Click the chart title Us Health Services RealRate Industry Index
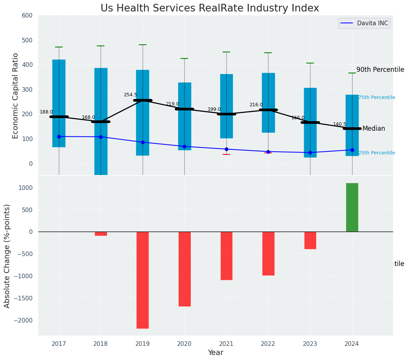point(210,8)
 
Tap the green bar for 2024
point(352,207)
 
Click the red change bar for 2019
point(143,280)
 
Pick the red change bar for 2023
point(310,240)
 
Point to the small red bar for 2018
point(101,234)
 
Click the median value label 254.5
point(130,95)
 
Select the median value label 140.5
point(340,124)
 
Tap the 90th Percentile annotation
point(380,70)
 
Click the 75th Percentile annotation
point(377,97)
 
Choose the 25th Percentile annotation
point(377,153)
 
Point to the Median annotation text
point(374,129)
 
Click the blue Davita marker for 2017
point(59,136)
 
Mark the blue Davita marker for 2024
point(352,150)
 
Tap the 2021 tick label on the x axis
point(226,344)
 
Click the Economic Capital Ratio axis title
point(16,96)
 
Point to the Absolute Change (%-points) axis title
point(7,256)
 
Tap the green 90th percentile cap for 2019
point(143,45)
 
